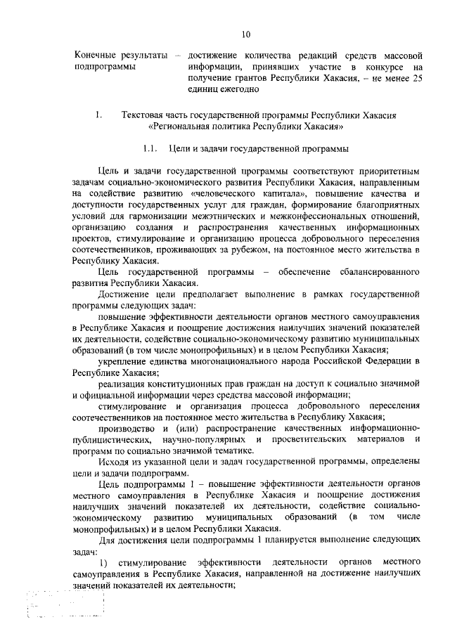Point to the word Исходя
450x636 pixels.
click(116, 462)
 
